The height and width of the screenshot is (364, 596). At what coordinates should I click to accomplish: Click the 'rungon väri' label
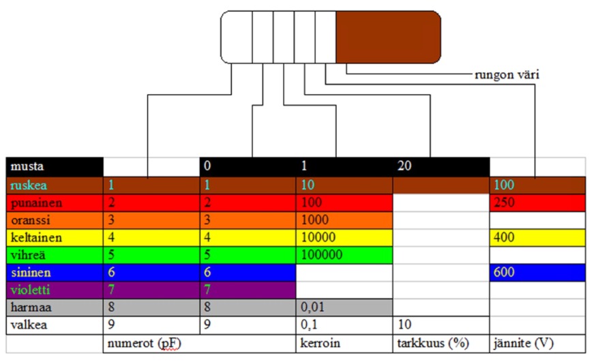tap(507, 75)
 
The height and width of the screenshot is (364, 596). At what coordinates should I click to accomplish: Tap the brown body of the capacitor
tap(388, 37)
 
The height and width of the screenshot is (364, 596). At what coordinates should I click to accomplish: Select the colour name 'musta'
tap(27, 166)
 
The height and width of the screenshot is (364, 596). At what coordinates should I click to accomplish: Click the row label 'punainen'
tap(37, 203)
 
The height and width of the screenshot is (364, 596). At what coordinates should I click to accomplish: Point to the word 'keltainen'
tap(36, 238)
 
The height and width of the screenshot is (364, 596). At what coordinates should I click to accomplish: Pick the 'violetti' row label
tap(31, 290)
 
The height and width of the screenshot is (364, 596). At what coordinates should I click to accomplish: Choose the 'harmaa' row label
tap(31, 307)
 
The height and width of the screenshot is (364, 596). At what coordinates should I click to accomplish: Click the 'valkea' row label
tap(29, 325)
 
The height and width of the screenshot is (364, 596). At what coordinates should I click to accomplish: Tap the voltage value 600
tap(504, 272)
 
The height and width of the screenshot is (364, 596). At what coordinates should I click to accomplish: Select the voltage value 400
tap(504, 237)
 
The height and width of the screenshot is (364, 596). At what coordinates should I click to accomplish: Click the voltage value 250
tap(504, 202)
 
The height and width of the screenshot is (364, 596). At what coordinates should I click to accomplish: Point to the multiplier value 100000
tap(322, 254)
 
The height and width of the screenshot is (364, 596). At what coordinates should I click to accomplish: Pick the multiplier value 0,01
tap(312, 307)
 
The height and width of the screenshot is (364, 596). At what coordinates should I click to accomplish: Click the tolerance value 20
tap(404, 166)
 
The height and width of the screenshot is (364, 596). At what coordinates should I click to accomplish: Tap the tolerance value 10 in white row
tap(404, 324)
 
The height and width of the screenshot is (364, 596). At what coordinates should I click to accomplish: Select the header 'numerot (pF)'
tap(144, 344)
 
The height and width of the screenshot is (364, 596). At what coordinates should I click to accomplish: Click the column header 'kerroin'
tap(320, 343)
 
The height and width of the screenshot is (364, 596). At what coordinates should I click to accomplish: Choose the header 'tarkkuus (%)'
tap(433, 344)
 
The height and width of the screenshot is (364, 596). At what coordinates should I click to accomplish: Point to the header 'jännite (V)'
tap(524, 344)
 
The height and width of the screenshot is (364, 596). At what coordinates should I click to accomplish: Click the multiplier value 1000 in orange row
tap(315, 219)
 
